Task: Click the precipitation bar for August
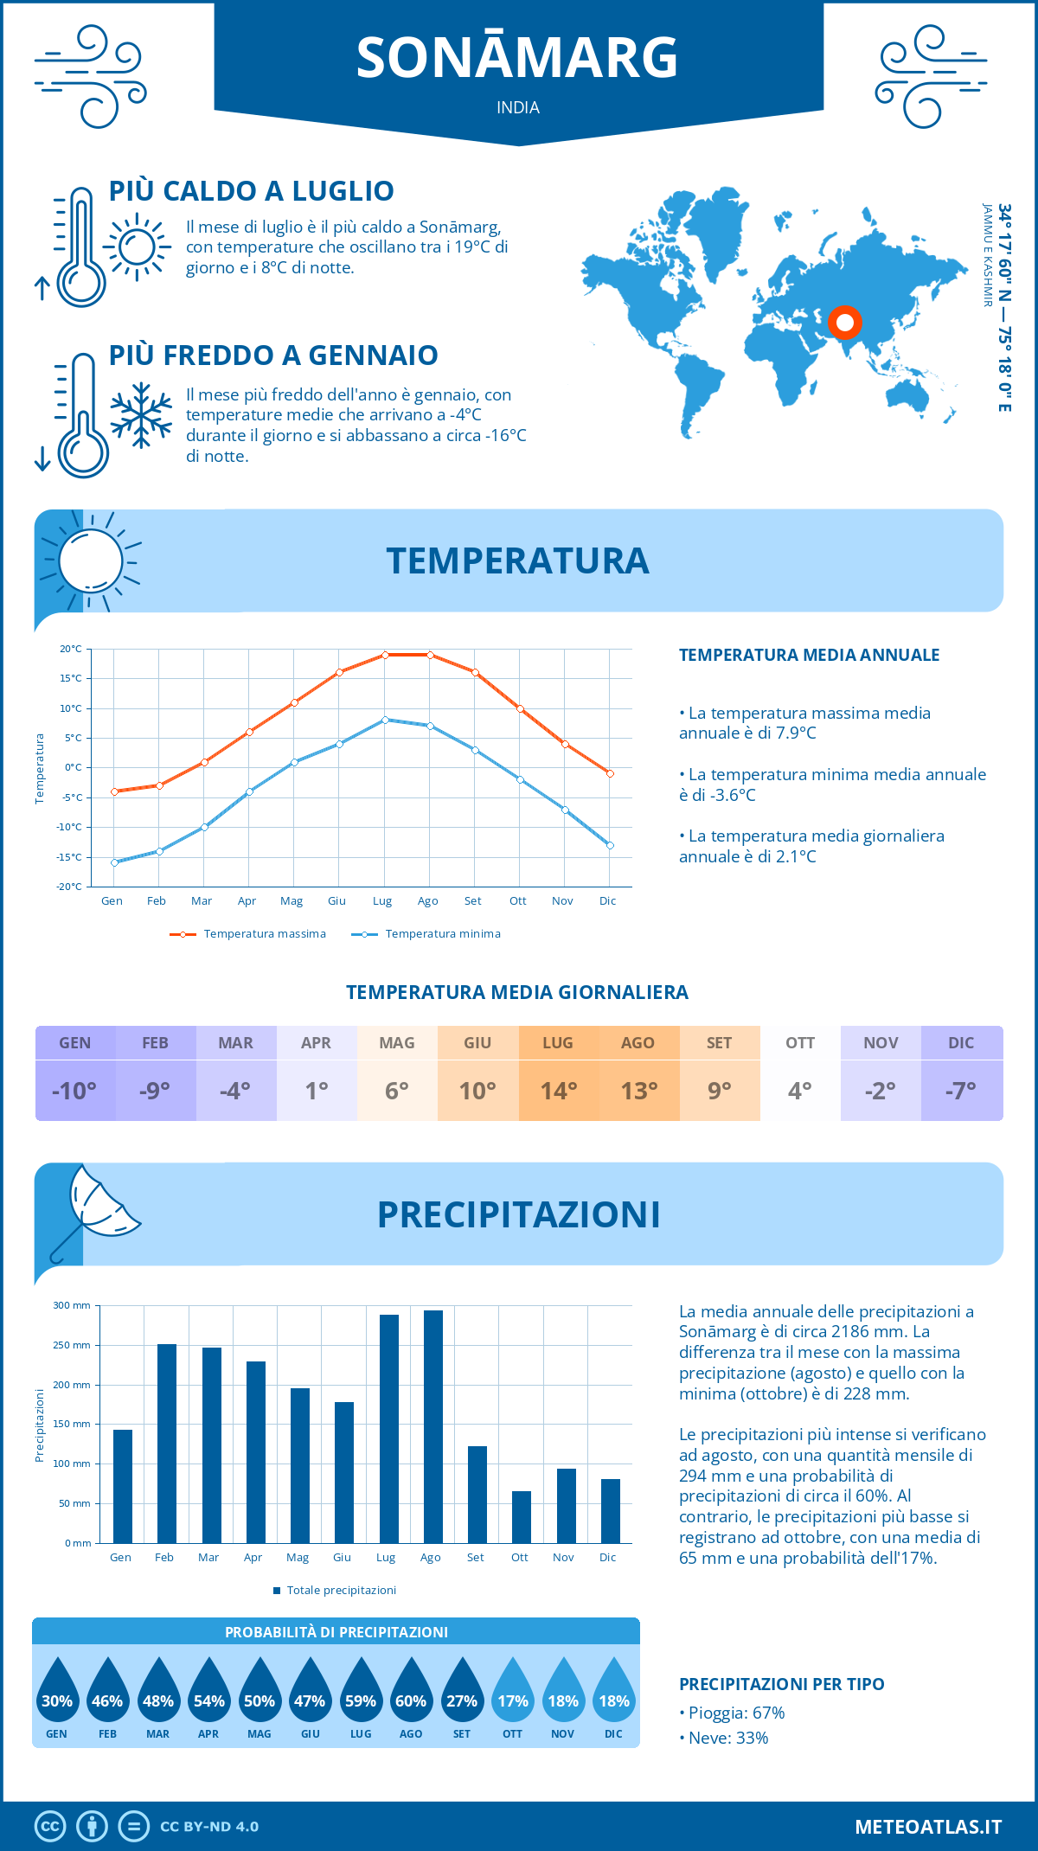[433, 1427]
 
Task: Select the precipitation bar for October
[522, 1517]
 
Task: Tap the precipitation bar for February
[167, 1444]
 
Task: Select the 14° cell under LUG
[558, 1091]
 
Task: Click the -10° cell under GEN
[74, 1091]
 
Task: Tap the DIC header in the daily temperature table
[961, 1043]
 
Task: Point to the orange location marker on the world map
[845, 323]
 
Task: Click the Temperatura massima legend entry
[249, 934]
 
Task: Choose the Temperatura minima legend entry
[426, 934]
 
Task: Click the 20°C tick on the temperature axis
[71, 649]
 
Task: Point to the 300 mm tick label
[73, 1305]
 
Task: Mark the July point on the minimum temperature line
[385, 720]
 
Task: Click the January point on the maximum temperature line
[114, 791]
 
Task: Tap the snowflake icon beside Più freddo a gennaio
[141, 415]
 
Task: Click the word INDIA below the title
[518, 107]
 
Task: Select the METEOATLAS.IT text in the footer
[928, 1827]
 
